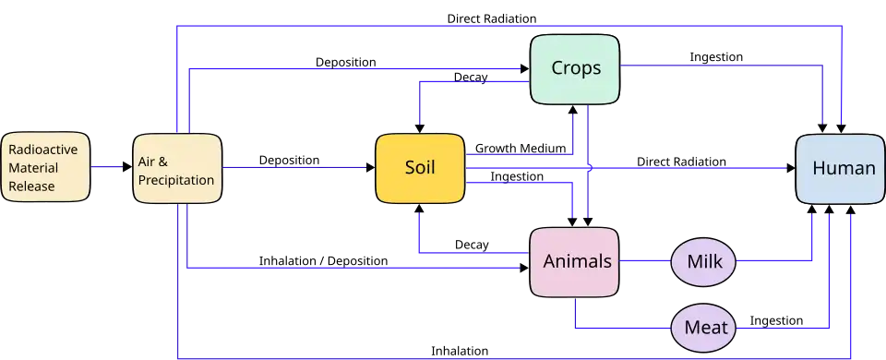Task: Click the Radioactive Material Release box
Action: [x=45, y=167]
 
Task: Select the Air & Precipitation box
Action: [x=177, y=168]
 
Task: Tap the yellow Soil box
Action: [x=421, y=168]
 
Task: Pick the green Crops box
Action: [x=575, y=69]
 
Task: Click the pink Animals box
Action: [x=575, y=261]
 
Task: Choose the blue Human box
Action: [x=841, y=168]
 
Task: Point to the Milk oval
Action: [x=703, y=261]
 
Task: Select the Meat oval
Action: [x=703, y=327]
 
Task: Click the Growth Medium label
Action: [x=521, y=149]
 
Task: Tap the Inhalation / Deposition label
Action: [x=323, y=261]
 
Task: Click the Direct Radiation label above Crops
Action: [x=492, y=18]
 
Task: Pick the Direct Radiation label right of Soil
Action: [x=681, y=162]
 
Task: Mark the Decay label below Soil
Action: [x=472, y=245]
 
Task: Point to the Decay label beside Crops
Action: [x=471, y=78]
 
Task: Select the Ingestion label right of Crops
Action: [x=716, y=57]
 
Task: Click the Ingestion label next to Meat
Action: [x=776, y=321]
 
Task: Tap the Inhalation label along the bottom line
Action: [x=460, y=351]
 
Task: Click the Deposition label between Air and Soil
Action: [x=289, y=161]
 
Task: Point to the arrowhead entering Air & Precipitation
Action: [x=127, y=167]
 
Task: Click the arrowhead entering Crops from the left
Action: [x=525, y=69]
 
